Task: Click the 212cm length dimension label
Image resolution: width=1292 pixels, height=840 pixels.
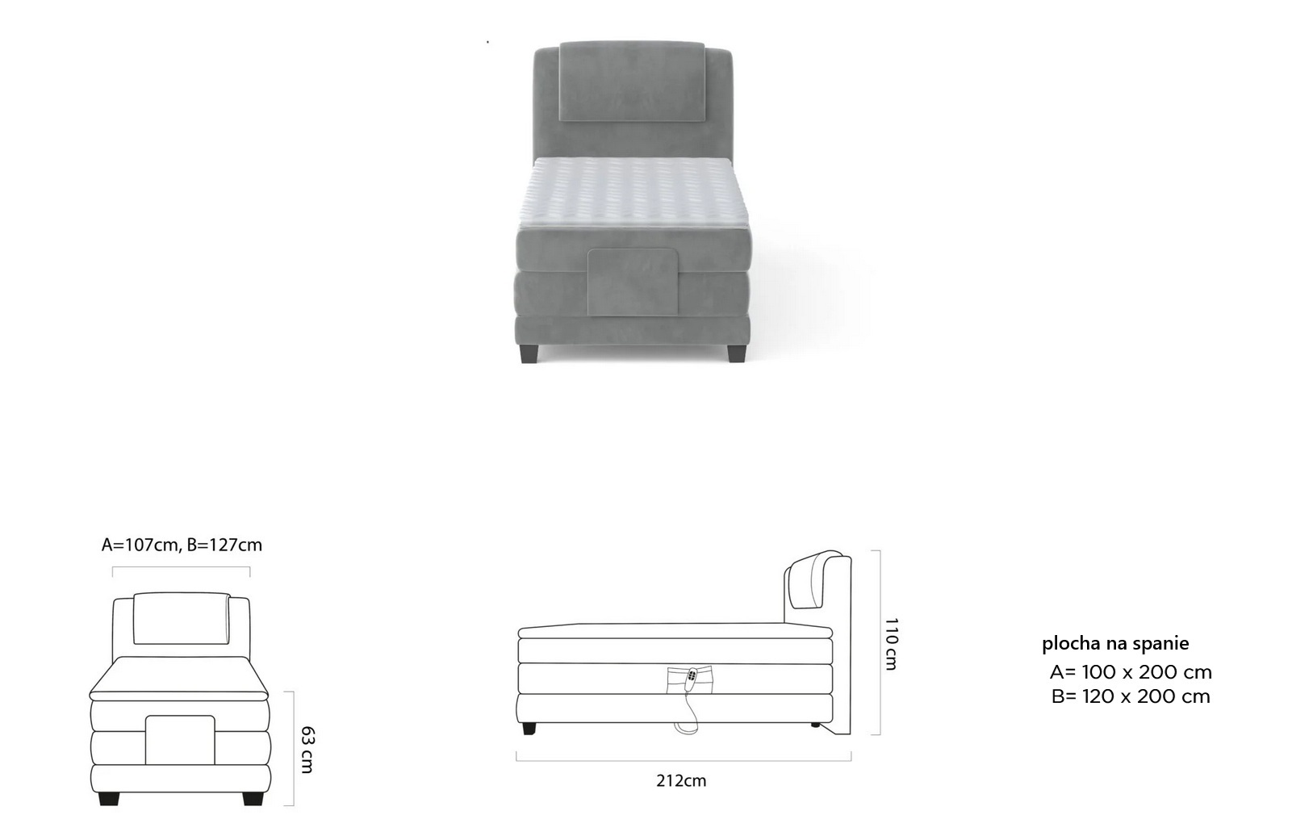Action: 681,780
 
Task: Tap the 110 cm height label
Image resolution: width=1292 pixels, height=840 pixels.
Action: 891,644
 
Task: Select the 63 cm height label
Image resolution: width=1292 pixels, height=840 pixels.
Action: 307,750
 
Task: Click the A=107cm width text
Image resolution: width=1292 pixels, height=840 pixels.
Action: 140,545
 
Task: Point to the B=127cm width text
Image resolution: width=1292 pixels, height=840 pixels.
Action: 224,545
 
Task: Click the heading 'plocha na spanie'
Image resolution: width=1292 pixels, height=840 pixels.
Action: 1115,644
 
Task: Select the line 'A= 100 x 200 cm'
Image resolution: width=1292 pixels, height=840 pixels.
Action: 1131,672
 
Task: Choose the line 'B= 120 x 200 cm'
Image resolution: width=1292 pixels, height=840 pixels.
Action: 1131,696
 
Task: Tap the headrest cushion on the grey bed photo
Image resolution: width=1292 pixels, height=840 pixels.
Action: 632,81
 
